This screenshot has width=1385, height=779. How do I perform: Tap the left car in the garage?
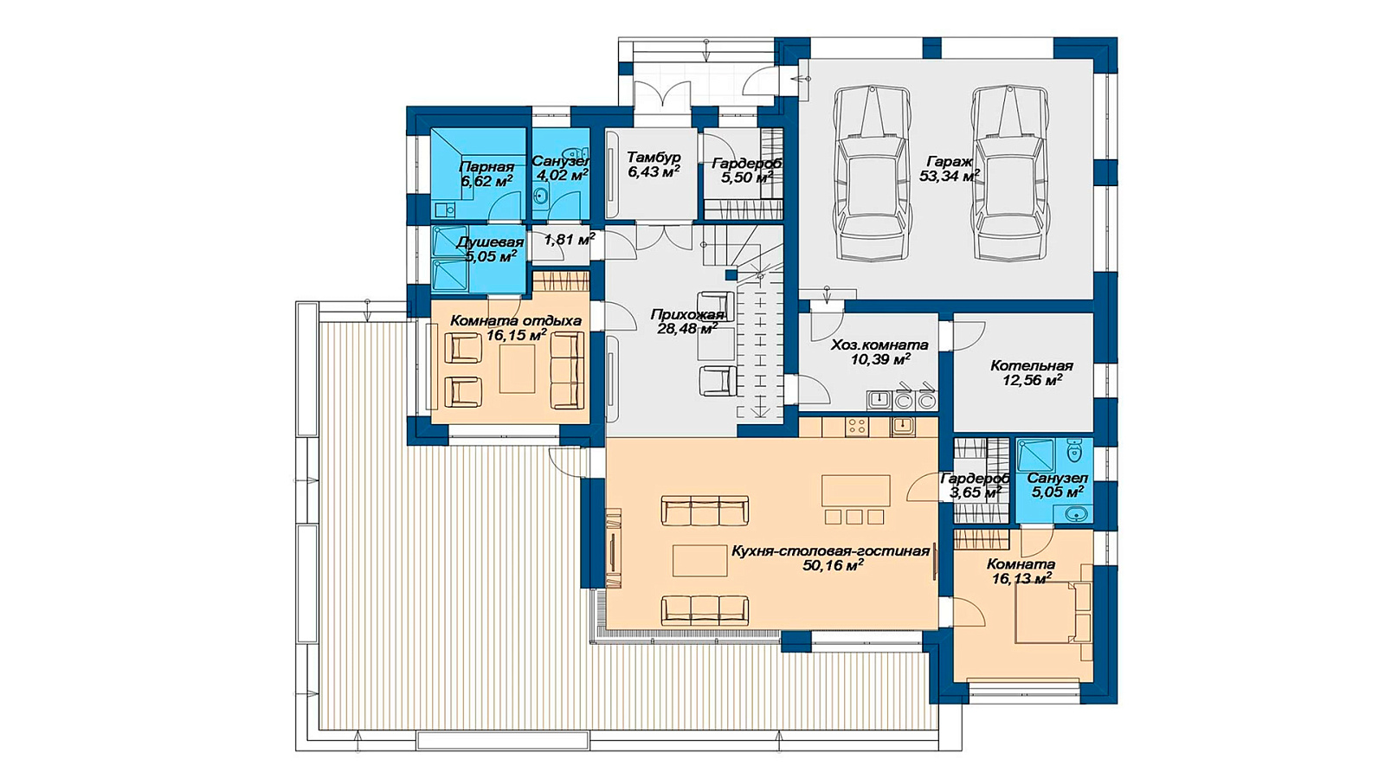(x=873, y=172)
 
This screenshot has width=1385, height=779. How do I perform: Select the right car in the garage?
(x=1011, y=172)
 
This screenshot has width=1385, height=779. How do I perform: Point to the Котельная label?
(x=1031, y=365)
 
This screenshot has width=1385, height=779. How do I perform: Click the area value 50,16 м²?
(x=833, y=565)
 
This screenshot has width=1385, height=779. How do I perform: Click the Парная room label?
(x=486, y=167)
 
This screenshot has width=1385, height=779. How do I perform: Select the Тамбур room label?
(x=654, y=157)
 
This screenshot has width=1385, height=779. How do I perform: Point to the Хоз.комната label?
(x=879, y=345)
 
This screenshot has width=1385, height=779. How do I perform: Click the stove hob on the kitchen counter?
(x=857, y=426)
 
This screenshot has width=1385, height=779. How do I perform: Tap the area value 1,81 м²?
(x=570, y=239)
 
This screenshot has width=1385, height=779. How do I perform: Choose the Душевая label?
(x=490, y=241)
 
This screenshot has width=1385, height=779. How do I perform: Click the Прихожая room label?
(x=686, y=315)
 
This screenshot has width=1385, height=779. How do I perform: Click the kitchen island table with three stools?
(x=856, y=499)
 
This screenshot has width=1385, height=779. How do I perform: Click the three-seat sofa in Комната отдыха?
(x=568, y=370)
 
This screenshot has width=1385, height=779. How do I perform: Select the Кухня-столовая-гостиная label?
(x=830, y=550)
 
